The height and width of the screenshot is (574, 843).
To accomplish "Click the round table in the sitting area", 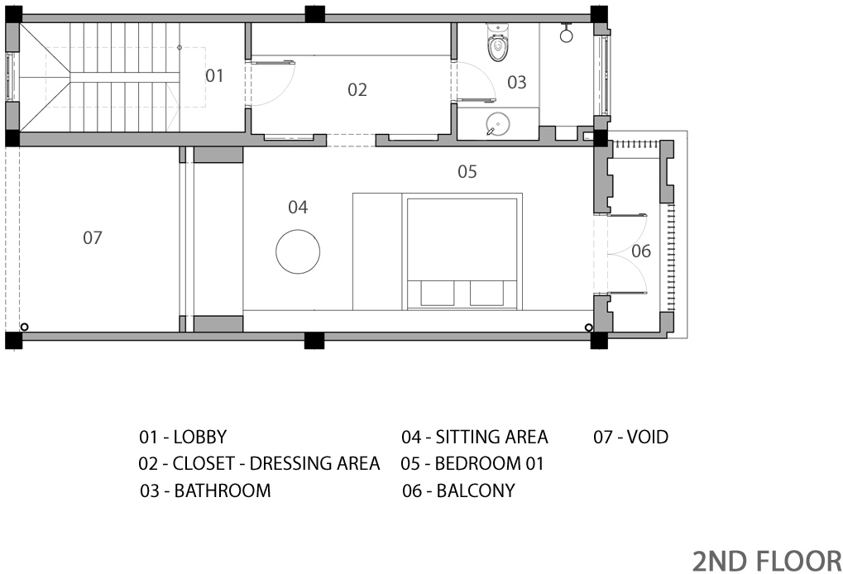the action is [298, 251].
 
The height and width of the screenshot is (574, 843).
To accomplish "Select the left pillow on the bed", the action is [437, 294].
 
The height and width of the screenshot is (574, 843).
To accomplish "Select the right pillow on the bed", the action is [486, 294].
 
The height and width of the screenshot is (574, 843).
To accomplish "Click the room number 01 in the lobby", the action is [214, 76].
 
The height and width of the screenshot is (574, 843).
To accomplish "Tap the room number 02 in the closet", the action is [357, 90].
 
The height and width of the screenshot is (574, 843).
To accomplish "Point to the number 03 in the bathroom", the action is [517, 82].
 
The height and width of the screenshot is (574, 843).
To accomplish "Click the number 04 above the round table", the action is [298, 207].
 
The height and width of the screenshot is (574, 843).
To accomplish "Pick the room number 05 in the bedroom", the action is [467, 171].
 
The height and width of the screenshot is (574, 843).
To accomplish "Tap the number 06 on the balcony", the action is [641, 251].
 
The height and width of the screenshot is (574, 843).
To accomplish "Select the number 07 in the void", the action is [93, 237].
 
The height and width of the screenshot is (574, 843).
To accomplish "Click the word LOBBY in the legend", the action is [200, 437].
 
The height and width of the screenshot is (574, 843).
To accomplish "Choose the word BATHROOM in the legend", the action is [223, 490].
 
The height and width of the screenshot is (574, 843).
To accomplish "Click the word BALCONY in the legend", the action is [476, 490].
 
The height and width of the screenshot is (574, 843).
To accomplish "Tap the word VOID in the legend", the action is [648, 437].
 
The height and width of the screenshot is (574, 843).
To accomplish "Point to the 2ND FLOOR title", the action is [767, 561].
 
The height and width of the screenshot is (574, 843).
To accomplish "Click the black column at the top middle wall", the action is [314, 14].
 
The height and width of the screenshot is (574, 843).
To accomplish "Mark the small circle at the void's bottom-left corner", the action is [24, 327].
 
